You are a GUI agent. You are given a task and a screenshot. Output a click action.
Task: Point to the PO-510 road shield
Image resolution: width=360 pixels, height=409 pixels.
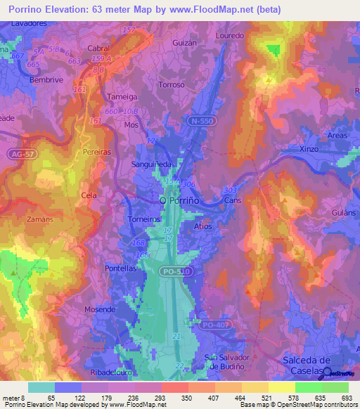(179, 270)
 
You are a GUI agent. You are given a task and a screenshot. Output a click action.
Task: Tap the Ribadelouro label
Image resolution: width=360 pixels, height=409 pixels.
(112, 372)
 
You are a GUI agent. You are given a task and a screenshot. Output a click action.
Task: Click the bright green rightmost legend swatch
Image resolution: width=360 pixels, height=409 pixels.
(335, 387)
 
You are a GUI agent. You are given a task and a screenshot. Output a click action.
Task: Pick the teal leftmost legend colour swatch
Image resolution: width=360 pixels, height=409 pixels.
(41, 387)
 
